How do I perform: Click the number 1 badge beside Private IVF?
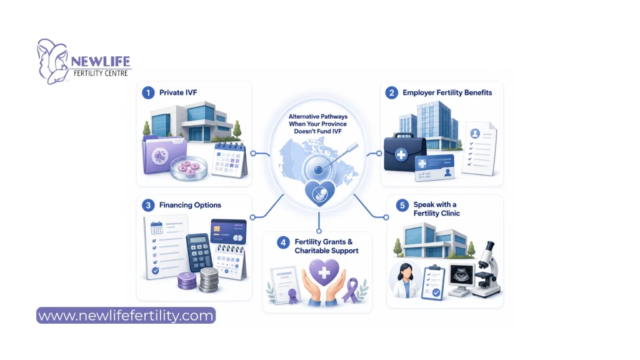(x=148, y=92)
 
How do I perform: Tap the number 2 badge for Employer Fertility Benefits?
(x=391, y=92)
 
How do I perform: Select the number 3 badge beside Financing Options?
(x=148, y=205)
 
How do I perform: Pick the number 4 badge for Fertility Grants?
(x=283, y=242)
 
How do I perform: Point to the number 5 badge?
(x=402, y=205)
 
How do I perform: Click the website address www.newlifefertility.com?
(x=126, y=316)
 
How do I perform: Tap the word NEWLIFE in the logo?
(x=101, y=62)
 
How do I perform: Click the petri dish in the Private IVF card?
(x=189, y=169)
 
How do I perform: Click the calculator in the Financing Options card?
(x=199, y=252)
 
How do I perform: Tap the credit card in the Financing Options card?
(x=228, y=231)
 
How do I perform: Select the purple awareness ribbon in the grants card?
(x=351, y=290)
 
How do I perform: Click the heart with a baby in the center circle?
(x=320, y=193)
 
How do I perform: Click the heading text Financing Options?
(x=190, y=205)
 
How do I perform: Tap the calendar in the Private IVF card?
(x=230, y=160)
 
